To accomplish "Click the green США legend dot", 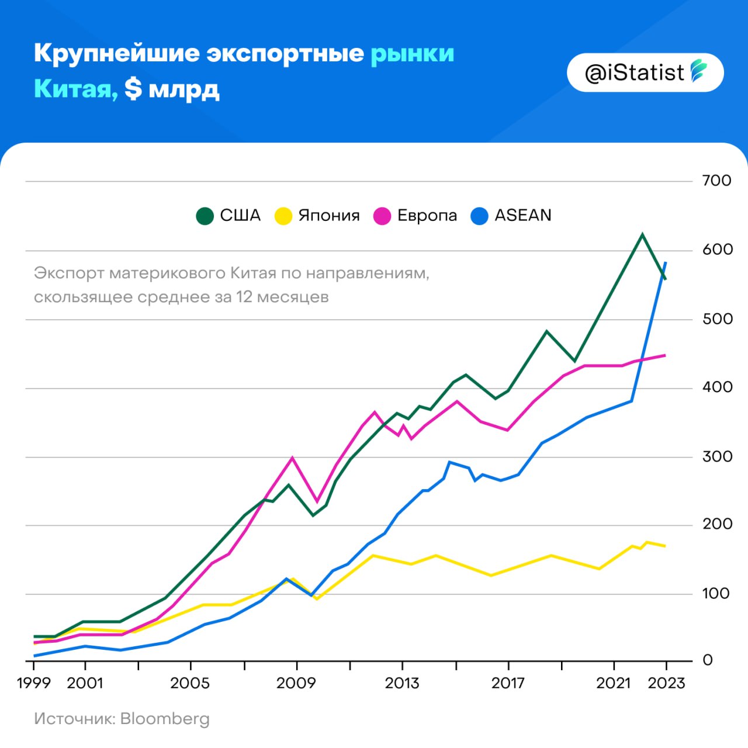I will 205,216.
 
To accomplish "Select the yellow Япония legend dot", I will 283,216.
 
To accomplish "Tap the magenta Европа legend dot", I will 382,216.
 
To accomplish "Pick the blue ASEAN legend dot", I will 479,216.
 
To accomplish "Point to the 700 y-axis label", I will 716,181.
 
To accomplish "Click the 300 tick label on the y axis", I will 717,456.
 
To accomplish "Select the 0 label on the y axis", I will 708,660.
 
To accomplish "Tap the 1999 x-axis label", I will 34,683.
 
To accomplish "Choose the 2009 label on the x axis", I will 296,683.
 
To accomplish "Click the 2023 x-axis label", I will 666,683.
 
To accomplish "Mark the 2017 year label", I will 508,683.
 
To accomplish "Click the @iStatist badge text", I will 634,73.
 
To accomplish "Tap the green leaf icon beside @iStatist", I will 699,71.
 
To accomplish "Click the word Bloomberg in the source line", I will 165,719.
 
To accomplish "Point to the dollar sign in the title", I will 133,89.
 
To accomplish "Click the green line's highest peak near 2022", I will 642,234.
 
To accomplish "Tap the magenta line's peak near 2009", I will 292,458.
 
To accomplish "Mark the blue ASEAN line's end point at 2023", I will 666,263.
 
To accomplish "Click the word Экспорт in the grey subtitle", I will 69,273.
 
